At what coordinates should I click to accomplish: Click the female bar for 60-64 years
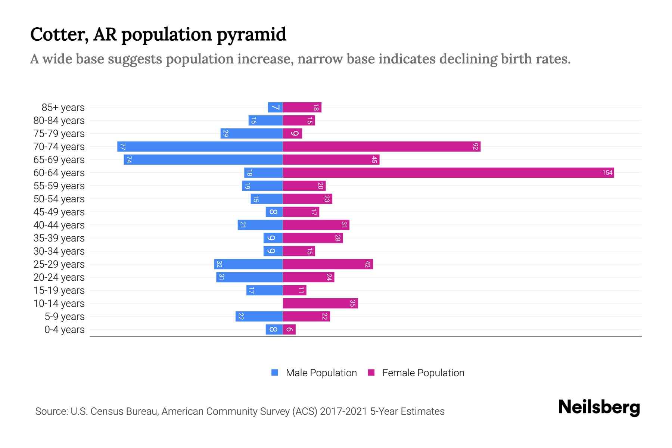pyautogui.click(x=448, y=172)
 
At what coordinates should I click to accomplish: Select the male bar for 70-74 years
pyautogui.click(x=200, y=146)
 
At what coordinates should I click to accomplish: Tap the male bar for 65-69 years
pyautogui.click(x=203, y=159)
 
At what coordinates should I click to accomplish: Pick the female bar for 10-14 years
pyautogui.click(x=320, y=303)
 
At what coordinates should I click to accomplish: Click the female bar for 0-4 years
pyautogui.click(x=289, y=329)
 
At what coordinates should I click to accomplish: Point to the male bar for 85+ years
pyautogui.click(x=275, y=107)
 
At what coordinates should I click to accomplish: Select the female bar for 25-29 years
pyautogui.click(x=328, y=264)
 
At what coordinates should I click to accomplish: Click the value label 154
pyautogui.click(x=607, y=172)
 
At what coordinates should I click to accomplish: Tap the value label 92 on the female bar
pyautogui.click(x=475, y=146)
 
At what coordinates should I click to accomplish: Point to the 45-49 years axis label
pyautogui.click(x=59, y=212)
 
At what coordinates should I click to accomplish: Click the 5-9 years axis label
pyautogui.click(x=64, y=316)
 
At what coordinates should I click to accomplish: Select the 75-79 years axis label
pyautogui.click(x=59, y=133)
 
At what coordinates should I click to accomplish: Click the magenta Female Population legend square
pyautogui.click(x=371, y=373)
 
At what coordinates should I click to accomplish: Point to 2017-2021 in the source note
pyautogui.click(x=343, y=411)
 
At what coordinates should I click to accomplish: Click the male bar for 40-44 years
pyautogui.click(x=260, y=225)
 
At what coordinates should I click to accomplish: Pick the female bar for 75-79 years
pyautogui.click(x=292, y=133)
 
